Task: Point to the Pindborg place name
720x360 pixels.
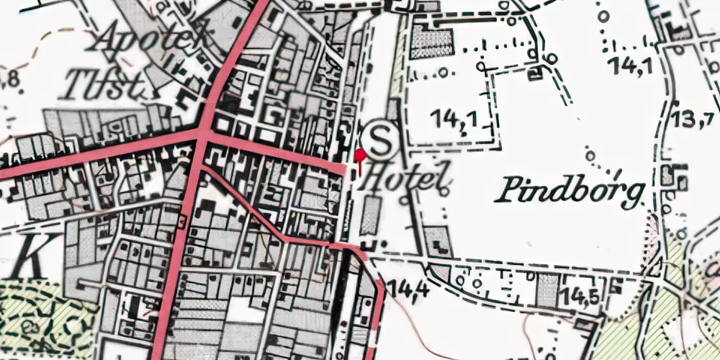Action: pos(570,191)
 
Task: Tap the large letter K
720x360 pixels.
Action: pos(29,253)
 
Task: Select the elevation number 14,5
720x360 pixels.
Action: pos(582,296)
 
